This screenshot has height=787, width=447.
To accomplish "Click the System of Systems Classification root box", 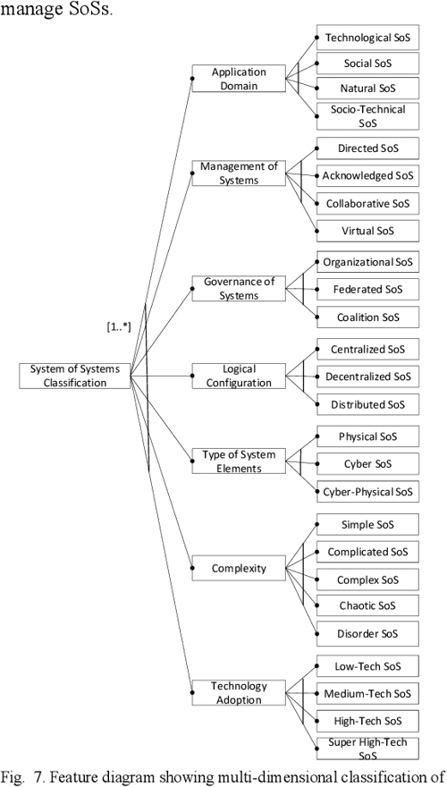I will coord(74,376).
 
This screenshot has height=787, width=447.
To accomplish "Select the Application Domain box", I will coord(239,79).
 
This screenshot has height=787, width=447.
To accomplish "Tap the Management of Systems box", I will coord(239,173).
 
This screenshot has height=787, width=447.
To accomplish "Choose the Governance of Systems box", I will coord(239,289).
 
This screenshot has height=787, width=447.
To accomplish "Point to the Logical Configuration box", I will coord(239,376).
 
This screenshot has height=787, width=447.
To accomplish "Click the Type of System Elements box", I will coord(239,461).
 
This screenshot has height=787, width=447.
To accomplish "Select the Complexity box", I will coord(239,568).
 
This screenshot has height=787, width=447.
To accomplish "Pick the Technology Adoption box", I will coord(239,693).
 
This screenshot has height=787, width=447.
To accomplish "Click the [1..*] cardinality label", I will coord(118,328).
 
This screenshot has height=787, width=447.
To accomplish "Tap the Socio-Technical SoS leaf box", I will coord(367,116).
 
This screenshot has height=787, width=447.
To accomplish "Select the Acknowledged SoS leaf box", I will coord(367,175).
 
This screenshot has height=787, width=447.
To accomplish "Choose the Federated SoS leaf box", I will coord(367,290).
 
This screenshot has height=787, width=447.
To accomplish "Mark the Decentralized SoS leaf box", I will coord(367,377).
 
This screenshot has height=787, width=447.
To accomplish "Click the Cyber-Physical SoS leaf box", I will coord(367,491).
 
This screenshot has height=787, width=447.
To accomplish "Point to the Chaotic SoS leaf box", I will coord(367,606).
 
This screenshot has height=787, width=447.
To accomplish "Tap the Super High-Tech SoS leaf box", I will coord(367,749).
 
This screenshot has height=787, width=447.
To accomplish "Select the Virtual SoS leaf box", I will coord(367,231).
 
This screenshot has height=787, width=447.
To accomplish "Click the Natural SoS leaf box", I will coord(367,89).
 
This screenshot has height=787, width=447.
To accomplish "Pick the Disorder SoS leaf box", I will coord(367,634).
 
